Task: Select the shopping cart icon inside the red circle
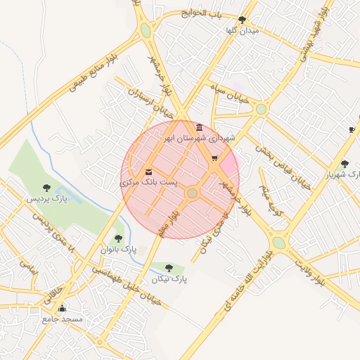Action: (214, 158)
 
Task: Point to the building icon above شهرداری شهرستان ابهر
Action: (200, 127)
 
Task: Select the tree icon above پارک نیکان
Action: (169, 268)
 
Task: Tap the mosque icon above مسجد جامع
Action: (62, 308)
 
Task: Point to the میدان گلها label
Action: (241, 31)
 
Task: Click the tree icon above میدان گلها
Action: (243, 20)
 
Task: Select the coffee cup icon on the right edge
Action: (352, 129)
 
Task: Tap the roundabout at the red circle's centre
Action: (192, 193)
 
